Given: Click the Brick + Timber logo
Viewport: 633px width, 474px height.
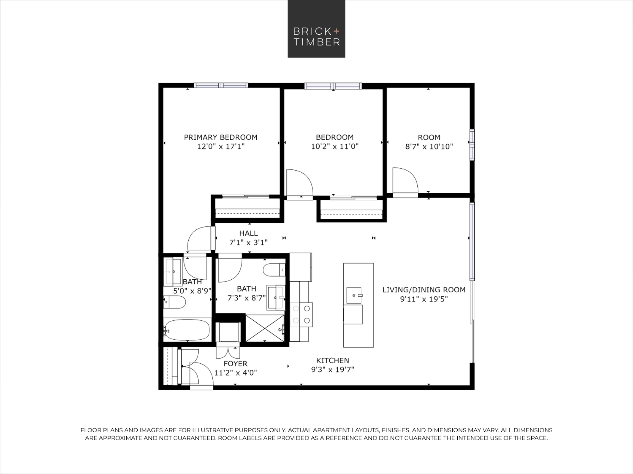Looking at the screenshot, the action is click(x=316, y=29).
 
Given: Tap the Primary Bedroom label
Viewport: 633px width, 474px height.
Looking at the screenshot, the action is click(x=221, y=137).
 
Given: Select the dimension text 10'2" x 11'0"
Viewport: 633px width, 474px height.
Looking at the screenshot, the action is click(x=335, y=146).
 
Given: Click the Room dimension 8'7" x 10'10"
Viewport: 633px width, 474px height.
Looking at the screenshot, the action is click(x=429, y=147).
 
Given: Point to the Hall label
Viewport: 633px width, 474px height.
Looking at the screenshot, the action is click(x=248, y=233).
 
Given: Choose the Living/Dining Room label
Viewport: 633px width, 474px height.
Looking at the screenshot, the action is click(x=424, y=290).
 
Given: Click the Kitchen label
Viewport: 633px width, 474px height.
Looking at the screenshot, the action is click(x=333, y=361).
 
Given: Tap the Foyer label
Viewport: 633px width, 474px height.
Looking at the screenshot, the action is click(x=235, y=364).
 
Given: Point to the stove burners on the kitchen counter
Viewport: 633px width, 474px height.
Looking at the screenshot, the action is click(x=301, y=314).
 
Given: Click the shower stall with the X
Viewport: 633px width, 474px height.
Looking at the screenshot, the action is click(x=265, y=328).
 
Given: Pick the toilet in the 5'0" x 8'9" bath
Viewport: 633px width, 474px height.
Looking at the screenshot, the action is click(x=174, y=302).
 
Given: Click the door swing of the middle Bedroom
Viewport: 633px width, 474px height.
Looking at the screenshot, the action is click(x=300, y=183).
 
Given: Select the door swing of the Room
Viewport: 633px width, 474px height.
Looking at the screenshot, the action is click(x=405, y=180).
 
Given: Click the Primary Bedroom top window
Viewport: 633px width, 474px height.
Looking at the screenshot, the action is click(x=221, y=85).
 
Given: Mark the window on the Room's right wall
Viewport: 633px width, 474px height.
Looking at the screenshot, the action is click(x=472, y=144).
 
